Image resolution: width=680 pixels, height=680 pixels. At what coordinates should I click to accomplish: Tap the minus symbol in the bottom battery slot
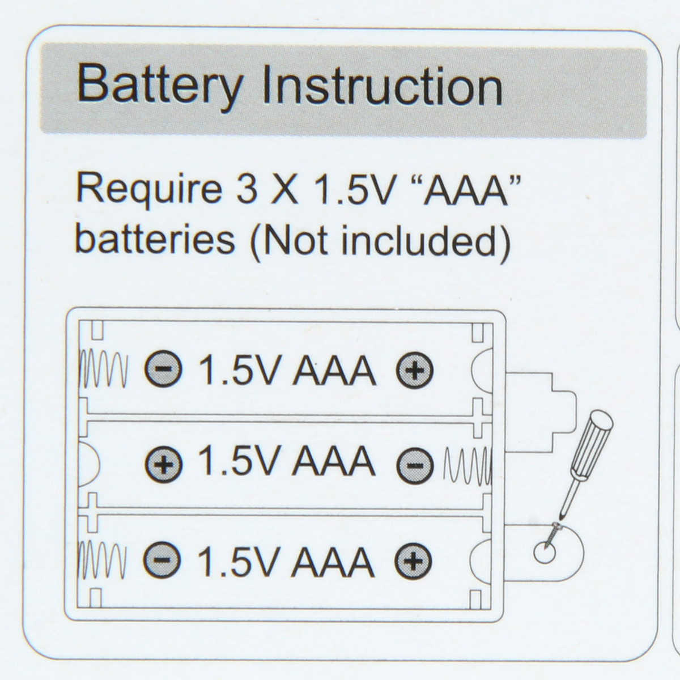point(163,560)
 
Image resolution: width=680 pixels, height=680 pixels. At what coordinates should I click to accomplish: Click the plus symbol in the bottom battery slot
point(414,560)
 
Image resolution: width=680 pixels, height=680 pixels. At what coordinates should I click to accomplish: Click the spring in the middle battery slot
point(467,465)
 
